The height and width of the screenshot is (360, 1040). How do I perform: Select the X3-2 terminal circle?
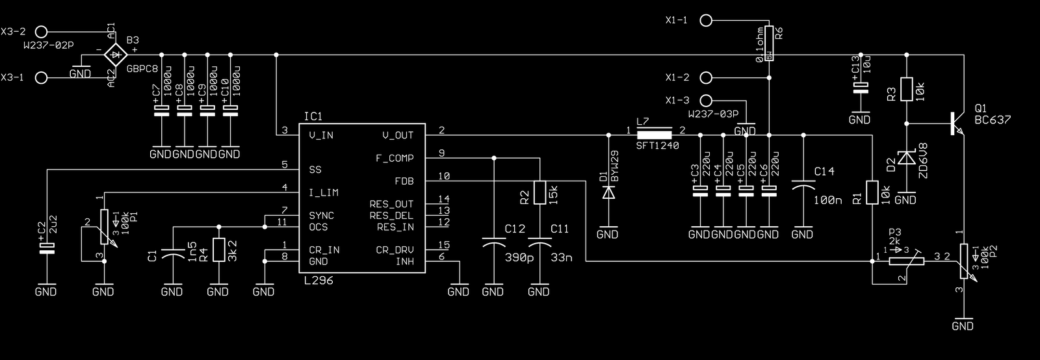(x=42, y=31)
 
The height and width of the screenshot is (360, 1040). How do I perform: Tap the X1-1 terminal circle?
(x=706, y=20)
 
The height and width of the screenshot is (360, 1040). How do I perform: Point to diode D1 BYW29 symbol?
(x=608, y=192)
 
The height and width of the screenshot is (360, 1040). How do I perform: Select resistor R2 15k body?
(x=539, y=192)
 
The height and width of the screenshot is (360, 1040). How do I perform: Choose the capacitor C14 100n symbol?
(x=803, y=188)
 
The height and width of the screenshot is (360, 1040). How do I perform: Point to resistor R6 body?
(x=769, y=44)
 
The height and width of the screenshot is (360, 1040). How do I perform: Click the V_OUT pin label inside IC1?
(x=398, y=135)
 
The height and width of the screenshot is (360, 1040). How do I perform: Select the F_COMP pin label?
(x=395, y=159)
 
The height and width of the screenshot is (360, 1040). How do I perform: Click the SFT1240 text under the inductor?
(x=657, y=146)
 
